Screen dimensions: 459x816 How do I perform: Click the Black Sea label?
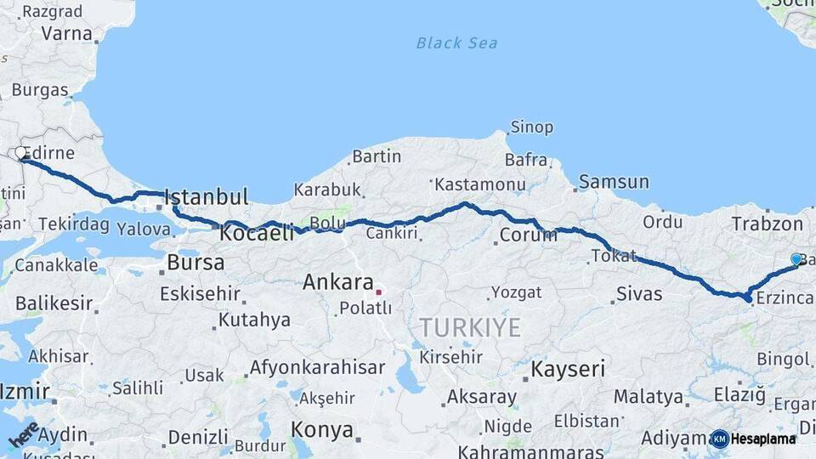point(456,43)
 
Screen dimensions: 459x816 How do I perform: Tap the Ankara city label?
point(338,282)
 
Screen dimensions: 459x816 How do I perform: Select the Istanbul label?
point(206,197)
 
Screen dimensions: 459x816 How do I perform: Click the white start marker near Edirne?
point(20,153)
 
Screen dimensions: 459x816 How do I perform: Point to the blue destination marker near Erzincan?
point(796,259)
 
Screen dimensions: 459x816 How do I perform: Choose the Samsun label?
point(614,182)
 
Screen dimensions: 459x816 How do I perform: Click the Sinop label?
point(531,127)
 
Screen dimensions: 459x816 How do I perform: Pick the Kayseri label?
point(568,369)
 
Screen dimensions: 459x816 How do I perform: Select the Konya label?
point(322,429)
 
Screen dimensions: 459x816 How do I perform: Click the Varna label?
point(65,34)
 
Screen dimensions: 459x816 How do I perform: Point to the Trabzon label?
point(767,224)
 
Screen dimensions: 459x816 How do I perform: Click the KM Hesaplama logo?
point(754,439)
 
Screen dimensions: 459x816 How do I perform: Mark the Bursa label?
point(195,263)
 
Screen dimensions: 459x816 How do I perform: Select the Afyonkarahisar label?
point(317,368)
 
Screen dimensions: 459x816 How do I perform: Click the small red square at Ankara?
point(378,292)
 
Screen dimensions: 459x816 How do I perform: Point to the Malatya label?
point(648,396)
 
